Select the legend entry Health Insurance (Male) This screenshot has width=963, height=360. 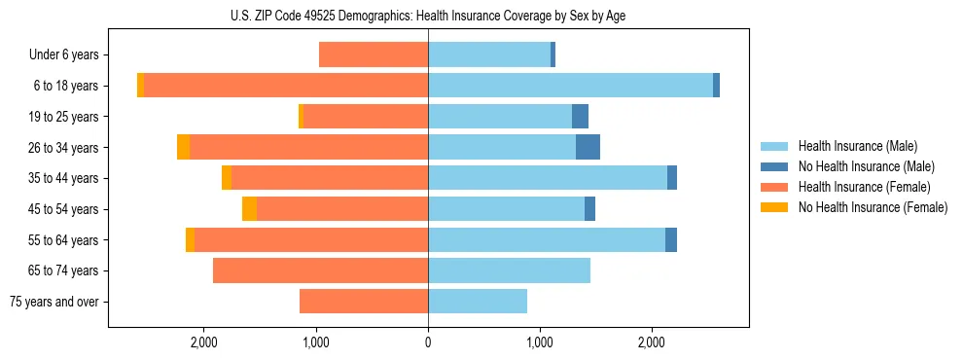coord(857,146)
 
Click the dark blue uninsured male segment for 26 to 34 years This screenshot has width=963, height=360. coord(588,147)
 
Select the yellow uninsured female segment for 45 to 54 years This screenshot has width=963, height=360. coord(249,208)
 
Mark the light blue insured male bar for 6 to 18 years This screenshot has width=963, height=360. coord(570,86)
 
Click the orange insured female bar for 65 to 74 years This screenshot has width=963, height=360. coord(320,270)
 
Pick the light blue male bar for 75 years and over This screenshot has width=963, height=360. coord(478,302)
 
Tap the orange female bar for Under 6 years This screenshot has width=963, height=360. coord(374,55)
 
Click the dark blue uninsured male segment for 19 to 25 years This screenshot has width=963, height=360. coord(580,117)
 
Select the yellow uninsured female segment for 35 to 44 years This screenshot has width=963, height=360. coord(227,178)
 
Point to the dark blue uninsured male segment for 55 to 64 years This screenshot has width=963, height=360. coord(671,239)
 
